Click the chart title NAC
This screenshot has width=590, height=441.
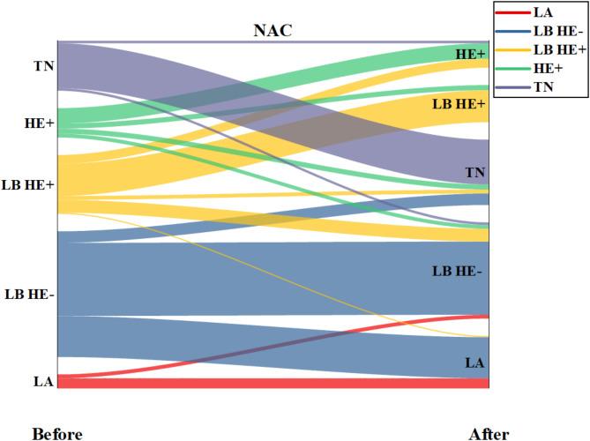tap(273, 31)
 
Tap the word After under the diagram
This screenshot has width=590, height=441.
tap(489, 433)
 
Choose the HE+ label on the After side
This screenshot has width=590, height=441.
tap(470, 55)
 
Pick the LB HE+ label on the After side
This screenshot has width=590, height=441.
tap(459, 104)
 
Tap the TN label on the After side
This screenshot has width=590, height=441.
tap(475, 171)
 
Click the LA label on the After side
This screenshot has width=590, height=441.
tap(475, 362)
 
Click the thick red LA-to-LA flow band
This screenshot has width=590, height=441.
tap(265, 384)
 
